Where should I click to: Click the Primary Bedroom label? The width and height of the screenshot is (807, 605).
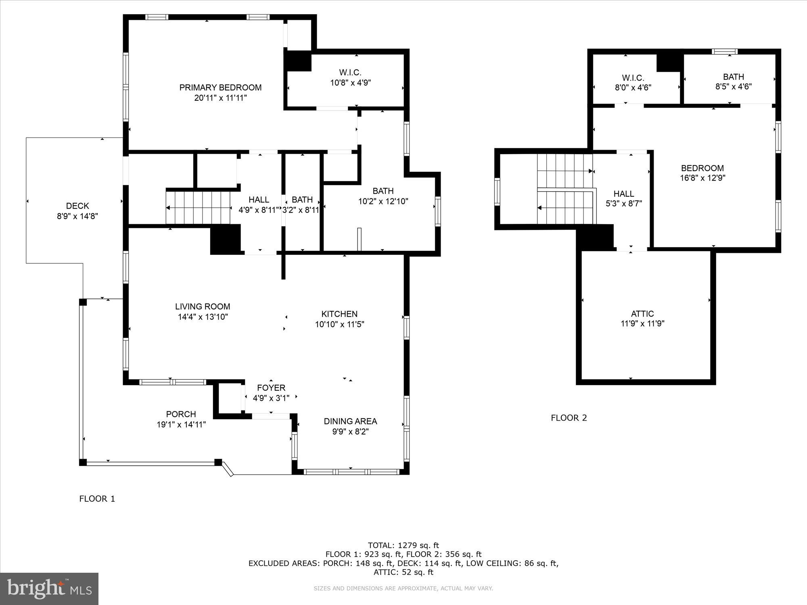point(220,88)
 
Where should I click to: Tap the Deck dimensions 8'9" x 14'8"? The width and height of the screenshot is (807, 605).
point(77,216)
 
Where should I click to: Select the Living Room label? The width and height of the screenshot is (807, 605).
point(203,307)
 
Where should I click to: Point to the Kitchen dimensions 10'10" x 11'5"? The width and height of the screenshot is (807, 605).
point(339,324)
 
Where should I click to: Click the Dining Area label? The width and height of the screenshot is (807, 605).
point(350,421)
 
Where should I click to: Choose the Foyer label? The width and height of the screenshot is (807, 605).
point(271,388)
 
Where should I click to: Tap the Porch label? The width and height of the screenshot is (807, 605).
point(181,414)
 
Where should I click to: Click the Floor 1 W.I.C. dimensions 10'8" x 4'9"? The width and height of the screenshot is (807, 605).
point(350,83)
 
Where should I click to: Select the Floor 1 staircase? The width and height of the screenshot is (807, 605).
point(198,208)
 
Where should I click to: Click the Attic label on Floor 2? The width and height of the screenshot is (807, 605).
point(642,313)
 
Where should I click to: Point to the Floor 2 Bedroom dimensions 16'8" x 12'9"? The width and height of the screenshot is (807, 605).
point(702,178)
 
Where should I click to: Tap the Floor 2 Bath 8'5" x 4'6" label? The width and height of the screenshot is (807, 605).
point(733,77)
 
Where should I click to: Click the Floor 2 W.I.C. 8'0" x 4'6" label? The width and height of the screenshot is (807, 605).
point(633,78)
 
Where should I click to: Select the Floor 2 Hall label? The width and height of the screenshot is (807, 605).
point(623,194)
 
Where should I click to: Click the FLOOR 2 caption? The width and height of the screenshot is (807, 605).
point(569,418)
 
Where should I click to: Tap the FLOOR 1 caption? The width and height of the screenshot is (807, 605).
point(97,499)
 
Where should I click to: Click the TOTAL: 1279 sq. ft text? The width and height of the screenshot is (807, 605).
point(403,545)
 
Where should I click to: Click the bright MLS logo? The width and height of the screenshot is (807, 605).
point(49,588)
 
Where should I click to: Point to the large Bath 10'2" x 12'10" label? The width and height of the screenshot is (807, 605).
point(383,191)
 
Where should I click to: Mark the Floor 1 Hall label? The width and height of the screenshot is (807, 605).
point(259,200)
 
